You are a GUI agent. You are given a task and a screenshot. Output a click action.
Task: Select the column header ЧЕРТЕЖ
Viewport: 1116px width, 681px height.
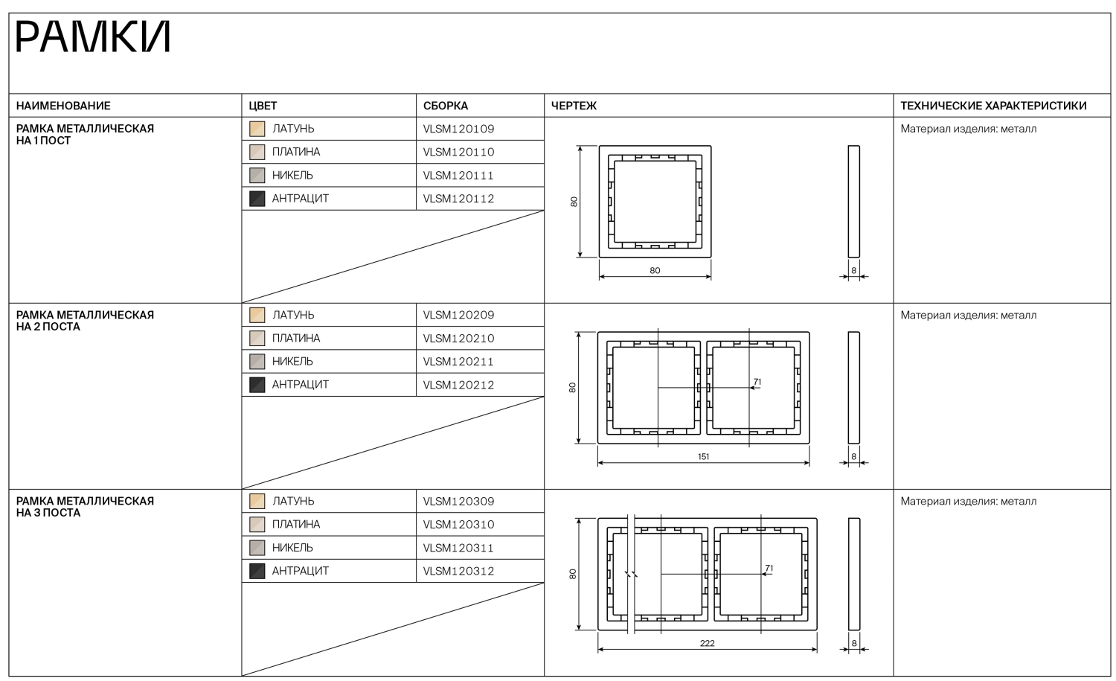click(x=574, y=106)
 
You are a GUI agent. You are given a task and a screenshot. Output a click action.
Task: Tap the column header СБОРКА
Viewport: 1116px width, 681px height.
click(x=446, y=106)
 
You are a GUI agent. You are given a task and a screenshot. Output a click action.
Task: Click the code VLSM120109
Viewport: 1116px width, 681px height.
click(x=458, y=129)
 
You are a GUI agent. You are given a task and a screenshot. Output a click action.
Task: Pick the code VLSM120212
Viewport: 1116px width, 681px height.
click(x=458, y=385)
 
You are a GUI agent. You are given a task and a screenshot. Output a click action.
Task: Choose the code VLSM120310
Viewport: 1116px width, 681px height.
click(x=458, y=525)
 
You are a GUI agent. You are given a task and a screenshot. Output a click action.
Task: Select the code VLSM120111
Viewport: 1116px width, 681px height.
click(x=458, y=176)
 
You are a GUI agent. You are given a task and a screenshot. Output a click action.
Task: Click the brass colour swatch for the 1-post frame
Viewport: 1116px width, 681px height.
click(x=257, y=129)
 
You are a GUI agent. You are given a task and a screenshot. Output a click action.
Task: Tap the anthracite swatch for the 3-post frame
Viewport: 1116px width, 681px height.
click(x=257, y=571)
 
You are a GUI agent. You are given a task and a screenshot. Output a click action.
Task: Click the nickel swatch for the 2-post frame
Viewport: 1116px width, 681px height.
click(x=257, y=362)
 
